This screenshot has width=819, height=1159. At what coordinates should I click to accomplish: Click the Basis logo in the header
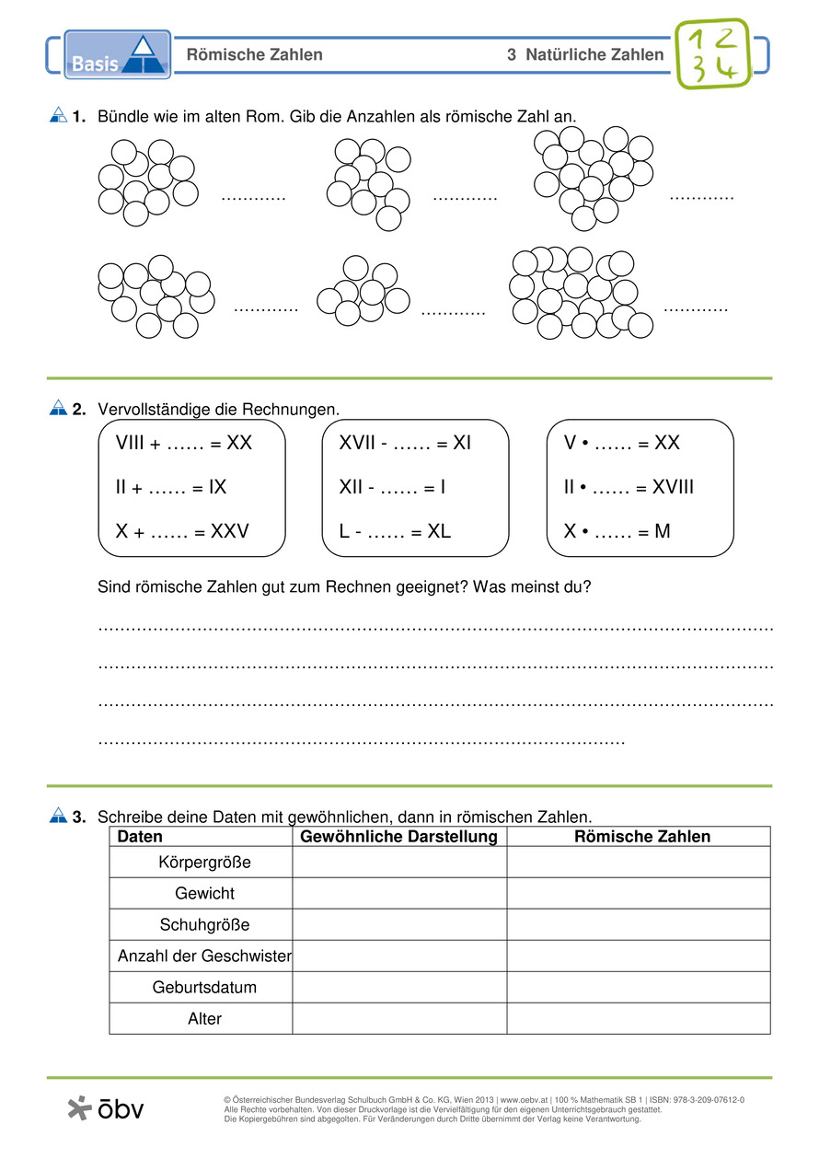(117, 54)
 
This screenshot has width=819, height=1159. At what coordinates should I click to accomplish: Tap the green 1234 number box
(713, 53)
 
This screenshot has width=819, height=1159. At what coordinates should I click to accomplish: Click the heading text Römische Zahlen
(255, 55)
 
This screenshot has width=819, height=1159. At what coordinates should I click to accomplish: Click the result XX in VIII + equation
(239, 444)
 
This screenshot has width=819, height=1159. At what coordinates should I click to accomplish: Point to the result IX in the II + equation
(217, 487)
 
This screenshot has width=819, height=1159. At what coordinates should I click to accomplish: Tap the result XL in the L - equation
(440, 531)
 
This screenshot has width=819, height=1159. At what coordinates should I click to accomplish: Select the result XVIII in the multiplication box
(673, 487)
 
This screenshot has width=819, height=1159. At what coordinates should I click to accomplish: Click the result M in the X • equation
(663, 531)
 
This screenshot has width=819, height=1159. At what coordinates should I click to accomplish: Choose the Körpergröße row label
(204, 863)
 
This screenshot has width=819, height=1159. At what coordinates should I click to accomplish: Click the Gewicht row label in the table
(204, 894)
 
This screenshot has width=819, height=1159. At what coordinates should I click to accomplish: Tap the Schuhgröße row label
(204, 925)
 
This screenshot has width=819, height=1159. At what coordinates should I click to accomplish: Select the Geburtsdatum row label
(204, 988)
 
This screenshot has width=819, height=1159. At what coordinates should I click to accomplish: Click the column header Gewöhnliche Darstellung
(399, 837)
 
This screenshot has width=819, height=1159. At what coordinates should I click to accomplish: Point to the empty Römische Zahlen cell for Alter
(639, 1019)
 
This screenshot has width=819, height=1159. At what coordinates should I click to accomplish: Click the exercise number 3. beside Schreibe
(79, 817)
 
